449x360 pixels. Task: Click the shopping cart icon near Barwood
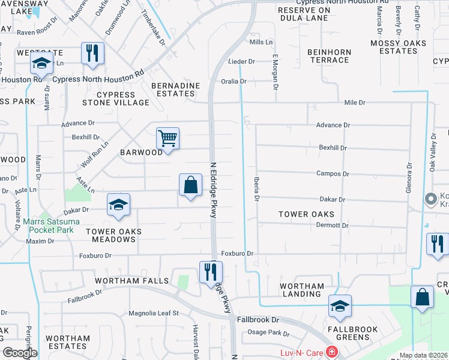168,139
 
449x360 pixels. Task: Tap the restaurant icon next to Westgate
92,53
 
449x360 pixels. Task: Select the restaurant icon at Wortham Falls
211,272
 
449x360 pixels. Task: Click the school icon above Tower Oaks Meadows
119,205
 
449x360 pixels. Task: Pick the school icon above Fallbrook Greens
340,306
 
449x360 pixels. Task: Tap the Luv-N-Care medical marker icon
331,352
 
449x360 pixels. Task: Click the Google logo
20,353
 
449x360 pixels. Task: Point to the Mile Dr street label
355,103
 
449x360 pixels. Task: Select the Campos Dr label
333,173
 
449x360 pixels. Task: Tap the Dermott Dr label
333,225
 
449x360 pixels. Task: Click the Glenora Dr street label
409,178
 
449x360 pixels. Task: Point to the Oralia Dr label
234,81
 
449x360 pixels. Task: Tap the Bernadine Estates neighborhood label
175,90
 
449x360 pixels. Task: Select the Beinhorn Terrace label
329,56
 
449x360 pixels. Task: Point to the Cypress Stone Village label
124,98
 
